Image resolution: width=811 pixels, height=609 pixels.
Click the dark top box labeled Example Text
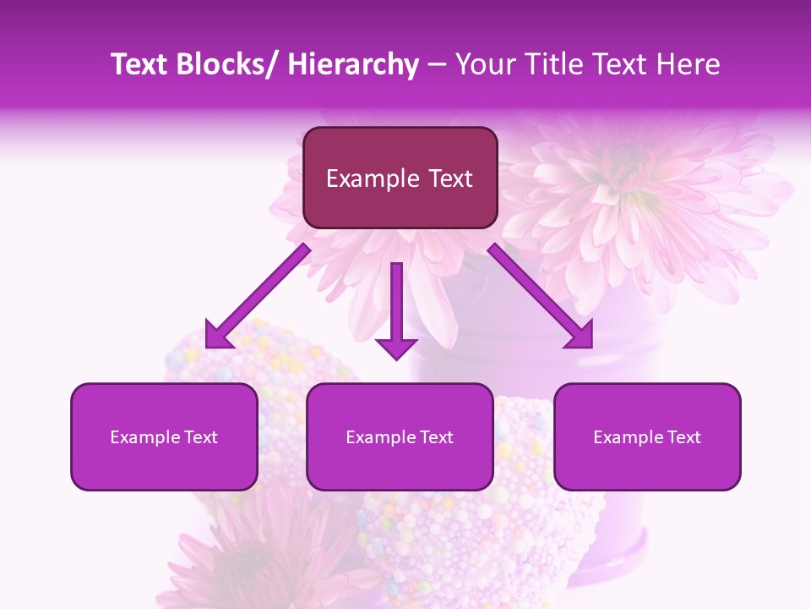point(400,178)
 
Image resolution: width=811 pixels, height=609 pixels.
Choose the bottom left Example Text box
point(164,436)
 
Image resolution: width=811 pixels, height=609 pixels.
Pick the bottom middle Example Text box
point(400,436)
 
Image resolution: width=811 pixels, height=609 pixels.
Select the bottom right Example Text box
point(647,436)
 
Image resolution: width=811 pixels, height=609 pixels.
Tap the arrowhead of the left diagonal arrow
point(217,335)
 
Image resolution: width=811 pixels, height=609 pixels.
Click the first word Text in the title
point(139,64)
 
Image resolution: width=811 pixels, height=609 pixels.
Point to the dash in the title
point(437,64)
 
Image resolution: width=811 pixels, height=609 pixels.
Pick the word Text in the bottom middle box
point(435,437)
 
